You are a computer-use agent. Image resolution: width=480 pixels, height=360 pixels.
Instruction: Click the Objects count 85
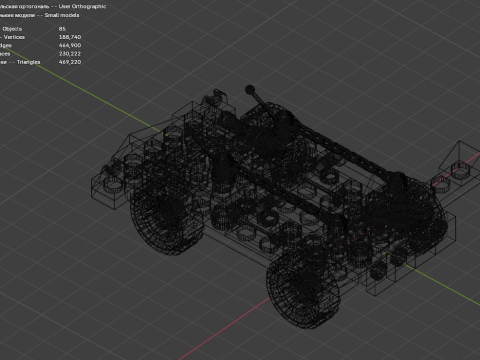tap(63, 30)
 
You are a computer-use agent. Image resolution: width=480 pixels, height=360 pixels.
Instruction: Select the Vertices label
tap(14, 37)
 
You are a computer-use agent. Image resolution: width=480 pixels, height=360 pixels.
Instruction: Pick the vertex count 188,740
tap(71, 37)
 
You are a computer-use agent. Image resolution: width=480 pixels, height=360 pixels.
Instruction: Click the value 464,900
tap(71, 45)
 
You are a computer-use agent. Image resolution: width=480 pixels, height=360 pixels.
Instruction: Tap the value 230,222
tap(71, 52)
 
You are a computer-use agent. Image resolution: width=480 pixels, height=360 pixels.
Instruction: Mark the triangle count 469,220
tap(71, 60)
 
